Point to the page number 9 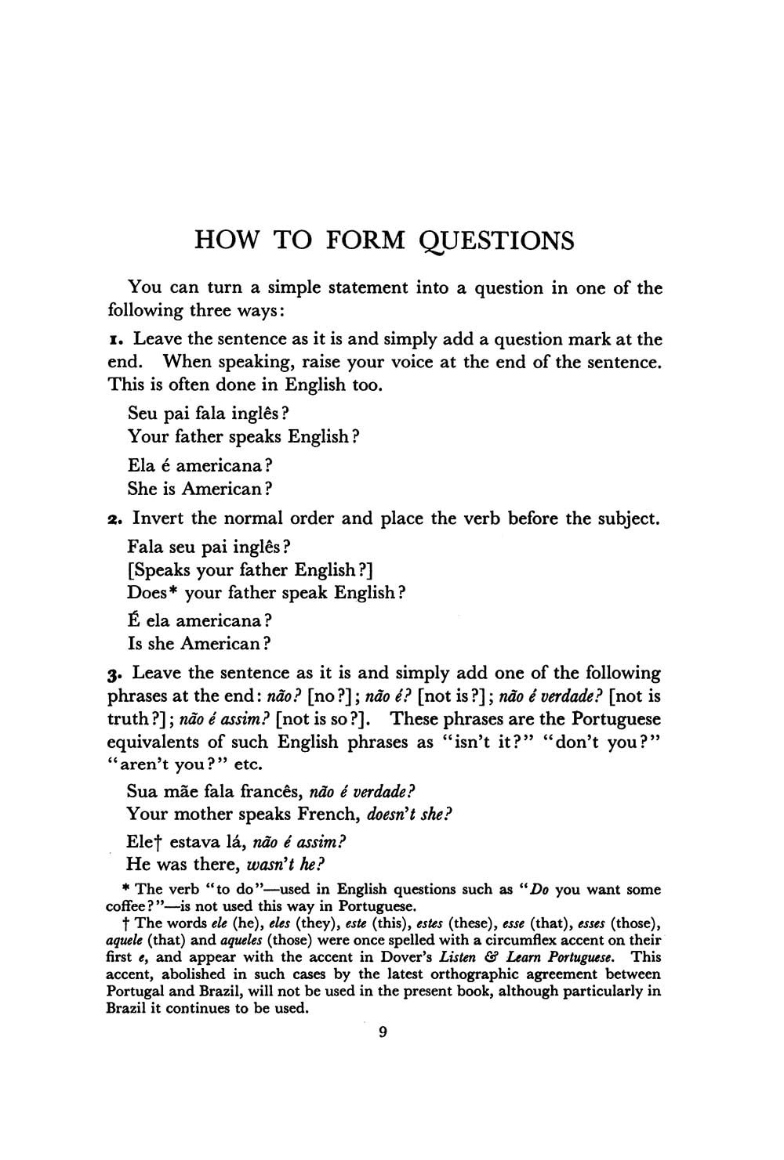click(383, 1032)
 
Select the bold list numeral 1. click(113, 340)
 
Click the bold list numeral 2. click(113, 519)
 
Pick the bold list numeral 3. click(113, 674)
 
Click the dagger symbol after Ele click(160, 843)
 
